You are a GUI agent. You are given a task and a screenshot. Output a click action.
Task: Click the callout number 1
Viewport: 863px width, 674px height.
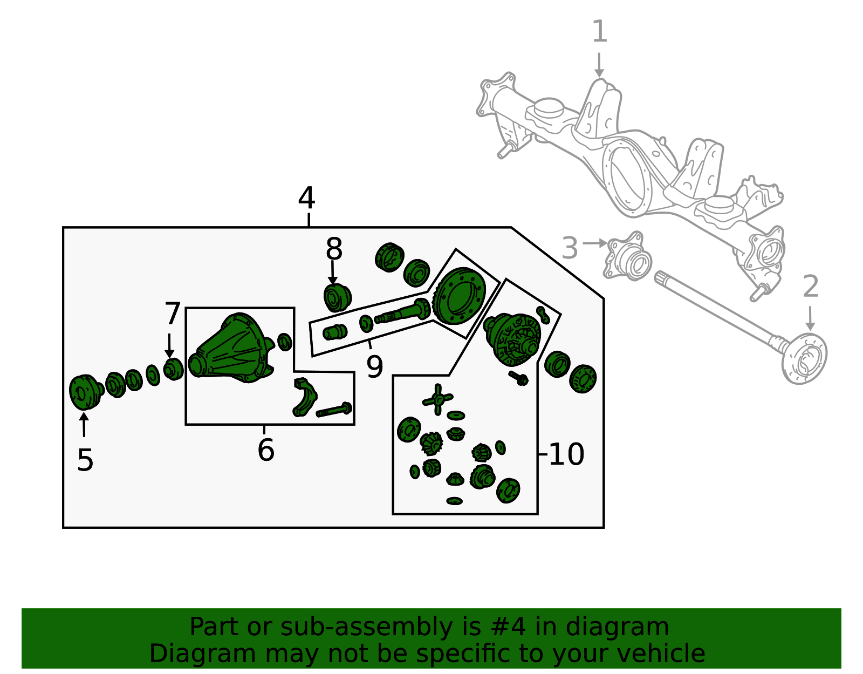(x=600, y=31)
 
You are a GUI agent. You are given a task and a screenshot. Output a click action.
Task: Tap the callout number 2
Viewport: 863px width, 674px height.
(x=811, y=287)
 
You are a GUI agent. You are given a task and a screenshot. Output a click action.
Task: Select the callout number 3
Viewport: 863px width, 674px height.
(x=570, y=248)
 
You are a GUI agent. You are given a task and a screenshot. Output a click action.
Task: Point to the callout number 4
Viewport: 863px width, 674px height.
(x=306, y=198)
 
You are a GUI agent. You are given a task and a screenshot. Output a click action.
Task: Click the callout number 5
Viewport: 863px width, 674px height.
(x=85, y=460)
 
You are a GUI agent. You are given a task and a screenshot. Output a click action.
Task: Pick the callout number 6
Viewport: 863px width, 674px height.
(x=266, y=450)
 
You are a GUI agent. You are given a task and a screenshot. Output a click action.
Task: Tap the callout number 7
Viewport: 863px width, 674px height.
(x=173, y=314)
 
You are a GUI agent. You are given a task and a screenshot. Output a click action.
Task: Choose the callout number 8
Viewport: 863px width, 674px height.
(x=334, y=249)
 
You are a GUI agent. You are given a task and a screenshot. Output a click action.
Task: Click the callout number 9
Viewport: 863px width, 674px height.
(x=374, y=367)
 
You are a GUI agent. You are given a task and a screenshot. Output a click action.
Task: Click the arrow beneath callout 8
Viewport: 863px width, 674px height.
(x=332, y=273)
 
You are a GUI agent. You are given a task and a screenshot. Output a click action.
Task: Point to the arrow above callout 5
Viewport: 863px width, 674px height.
(x=84, y=425)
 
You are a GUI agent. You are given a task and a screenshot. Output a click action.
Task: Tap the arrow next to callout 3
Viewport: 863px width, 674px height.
(x=595, y=243)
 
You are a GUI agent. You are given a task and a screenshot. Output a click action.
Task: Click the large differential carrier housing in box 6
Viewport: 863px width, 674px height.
(x=231, y=349)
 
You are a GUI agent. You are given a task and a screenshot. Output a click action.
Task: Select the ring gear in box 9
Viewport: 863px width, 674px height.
(x=458, y=296)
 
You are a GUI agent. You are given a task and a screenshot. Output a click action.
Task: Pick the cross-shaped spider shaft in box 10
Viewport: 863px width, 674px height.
(x=437, y=399)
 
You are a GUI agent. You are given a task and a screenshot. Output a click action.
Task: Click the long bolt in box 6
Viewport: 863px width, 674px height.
(x=334, y=410)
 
